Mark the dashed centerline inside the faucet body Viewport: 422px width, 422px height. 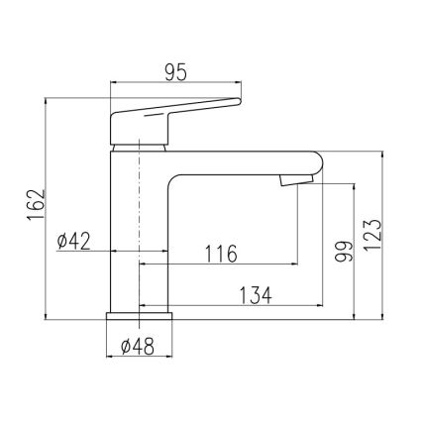pyautogui.click(x=140, y=218)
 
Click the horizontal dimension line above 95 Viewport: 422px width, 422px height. pyautogui.click(x=174, y=84)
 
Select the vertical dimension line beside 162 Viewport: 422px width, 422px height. pyautogui.click(x=47, y=209)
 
